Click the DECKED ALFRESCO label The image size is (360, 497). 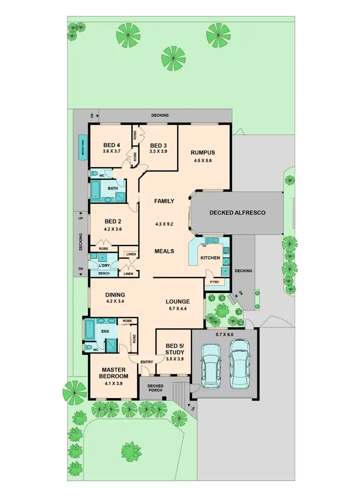point(237,213)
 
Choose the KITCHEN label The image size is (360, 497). point(210,258)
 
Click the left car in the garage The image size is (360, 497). point(209,363)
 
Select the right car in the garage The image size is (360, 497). point(240,363)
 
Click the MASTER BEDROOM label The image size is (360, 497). point(113,374)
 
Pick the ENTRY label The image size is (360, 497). point(147,362)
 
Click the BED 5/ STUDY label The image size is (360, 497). point(174,349)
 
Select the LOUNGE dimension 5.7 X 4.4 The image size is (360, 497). point(178,309)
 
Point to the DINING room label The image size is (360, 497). point(115,295)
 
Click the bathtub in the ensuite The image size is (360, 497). point(90,330)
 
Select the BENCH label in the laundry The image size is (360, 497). point(104,273)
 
